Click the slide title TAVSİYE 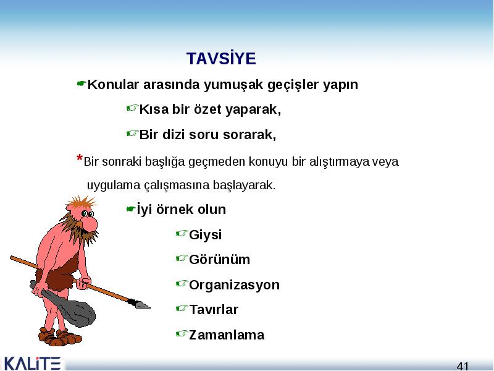click(221, 59)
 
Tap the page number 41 click(463, 366)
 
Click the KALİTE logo click(31, 364)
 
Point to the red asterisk click(80, 158)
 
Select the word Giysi click(206, 235)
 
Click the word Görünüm click(220, 260)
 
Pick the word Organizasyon click(235, 285)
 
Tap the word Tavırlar click(214, 310)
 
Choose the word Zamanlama click(227, 335)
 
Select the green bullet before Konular click(82, 83)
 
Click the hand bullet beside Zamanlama click(182, 333)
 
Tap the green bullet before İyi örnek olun click(131, 209)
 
